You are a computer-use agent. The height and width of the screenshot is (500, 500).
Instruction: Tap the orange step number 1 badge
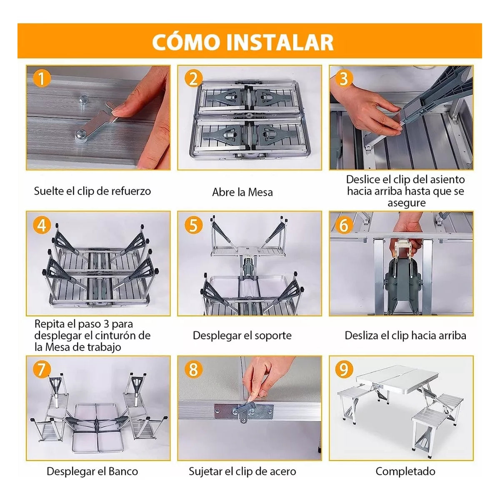tap(42, 79)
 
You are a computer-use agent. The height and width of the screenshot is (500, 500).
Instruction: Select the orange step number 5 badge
tap(193, 225)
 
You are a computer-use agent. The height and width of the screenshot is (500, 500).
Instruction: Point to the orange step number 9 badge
tap(344, 369)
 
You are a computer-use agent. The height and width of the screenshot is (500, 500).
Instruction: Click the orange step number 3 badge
tap(344, 79)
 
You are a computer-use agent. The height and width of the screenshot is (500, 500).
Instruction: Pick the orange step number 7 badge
tap(42, 369)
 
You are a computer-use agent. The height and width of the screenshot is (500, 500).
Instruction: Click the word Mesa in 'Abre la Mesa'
tap(260, 192)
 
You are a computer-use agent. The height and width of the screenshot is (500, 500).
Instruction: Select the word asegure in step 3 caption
tap(407, 203)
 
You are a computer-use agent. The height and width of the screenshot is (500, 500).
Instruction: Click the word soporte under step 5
tap(272, 336)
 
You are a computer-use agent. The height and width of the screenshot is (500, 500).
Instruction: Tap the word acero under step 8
tap(281, 471)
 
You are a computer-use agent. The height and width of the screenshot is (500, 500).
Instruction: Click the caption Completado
tap(405, 471)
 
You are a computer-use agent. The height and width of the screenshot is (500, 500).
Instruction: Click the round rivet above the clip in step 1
tap(84, 100)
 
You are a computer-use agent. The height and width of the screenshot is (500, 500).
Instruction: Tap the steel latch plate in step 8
tap(243, 412)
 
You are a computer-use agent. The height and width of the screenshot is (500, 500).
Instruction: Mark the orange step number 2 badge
tap(193, 79)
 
